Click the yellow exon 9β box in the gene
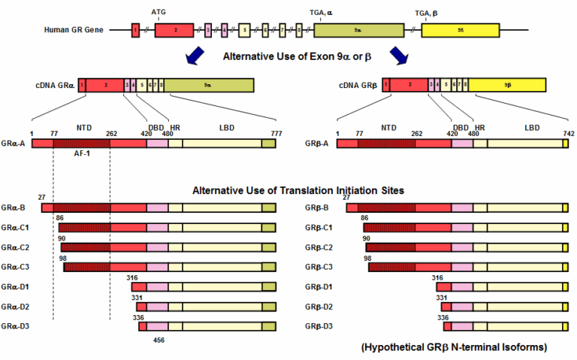pos(459,30)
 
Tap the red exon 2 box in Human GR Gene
pos(175,30)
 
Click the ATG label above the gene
pos(159,13)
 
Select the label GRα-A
pos(14,143)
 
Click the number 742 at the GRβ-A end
pos(563,133)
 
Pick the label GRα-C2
pos(16,247)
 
